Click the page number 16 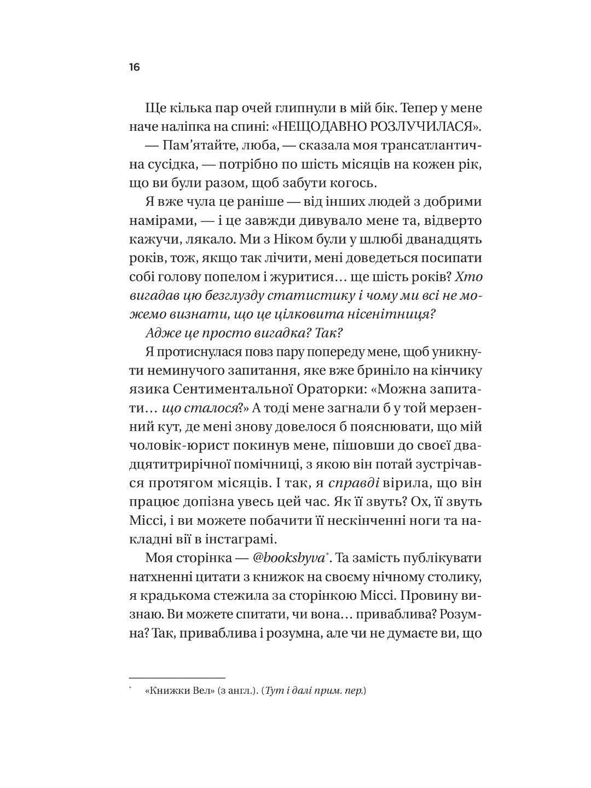pos(135,67)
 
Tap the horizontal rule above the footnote pos(177,663)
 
